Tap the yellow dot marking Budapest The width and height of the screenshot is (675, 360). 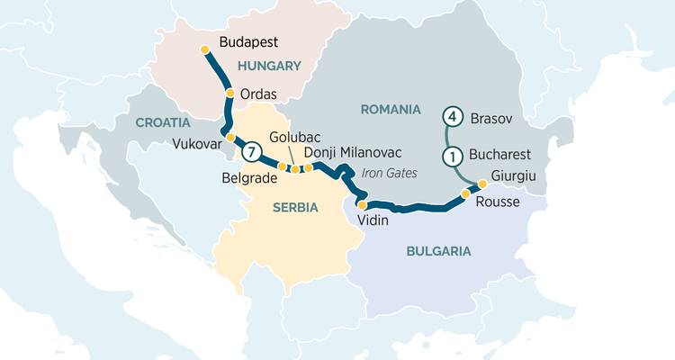coord(205,49)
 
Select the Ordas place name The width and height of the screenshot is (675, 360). coord(258,94)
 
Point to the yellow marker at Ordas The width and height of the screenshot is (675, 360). coord(230,93)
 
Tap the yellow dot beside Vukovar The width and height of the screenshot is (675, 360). coord(230,138)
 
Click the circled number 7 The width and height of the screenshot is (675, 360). coord(253,152)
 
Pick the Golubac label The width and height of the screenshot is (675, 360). coord(292,139)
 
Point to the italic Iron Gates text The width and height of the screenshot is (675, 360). coord(383,171)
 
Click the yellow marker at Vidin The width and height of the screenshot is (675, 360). coord(362,205)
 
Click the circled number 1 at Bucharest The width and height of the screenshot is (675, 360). coord(454,155)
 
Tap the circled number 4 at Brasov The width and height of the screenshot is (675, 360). coord(454,117)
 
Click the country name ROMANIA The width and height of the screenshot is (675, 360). coord(391,109)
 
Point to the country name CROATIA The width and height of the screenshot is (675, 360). coord(163,121)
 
